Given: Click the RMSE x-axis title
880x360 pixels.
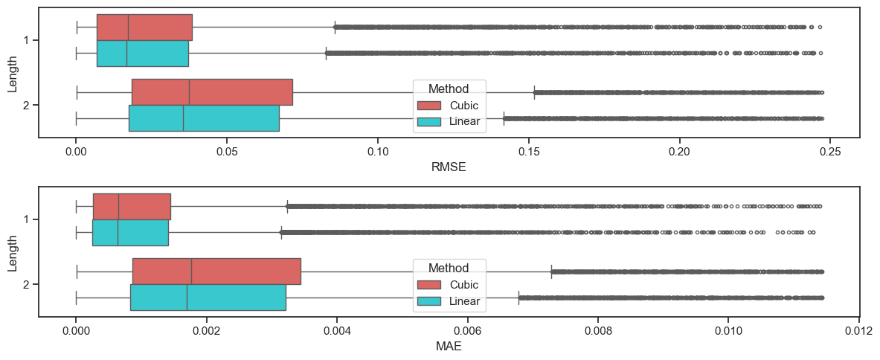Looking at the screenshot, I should pos(449,167).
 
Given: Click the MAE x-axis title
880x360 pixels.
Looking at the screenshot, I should pos(449,347).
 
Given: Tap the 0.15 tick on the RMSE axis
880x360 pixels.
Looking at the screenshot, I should pos(528,150).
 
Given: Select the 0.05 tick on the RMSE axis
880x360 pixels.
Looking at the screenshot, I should pos(226,150).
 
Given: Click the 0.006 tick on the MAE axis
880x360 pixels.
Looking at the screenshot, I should pos(467,330).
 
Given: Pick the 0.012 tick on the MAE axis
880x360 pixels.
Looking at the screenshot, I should pos(859,330).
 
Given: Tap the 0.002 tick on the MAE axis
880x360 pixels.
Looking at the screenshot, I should pos(206,330).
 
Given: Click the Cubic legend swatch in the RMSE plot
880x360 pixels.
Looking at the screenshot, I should pos(429,105).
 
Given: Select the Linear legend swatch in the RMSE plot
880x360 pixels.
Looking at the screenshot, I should pos(429,121).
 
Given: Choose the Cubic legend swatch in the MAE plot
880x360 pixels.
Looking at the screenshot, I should pos(429,285).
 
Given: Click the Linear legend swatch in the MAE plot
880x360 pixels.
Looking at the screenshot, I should pos(429,301).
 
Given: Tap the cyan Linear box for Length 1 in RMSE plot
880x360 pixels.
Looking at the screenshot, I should pos(142,54).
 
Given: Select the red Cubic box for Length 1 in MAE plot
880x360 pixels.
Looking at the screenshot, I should pos(132,206).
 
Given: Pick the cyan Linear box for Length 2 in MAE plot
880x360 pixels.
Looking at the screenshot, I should pos(208,298).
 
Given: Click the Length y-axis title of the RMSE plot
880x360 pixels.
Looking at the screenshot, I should pos(13,72).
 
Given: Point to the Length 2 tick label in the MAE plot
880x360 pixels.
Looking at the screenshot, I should pos(26,285).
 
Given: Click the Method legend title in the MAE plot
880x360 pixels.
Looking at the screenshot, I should pos(449,268).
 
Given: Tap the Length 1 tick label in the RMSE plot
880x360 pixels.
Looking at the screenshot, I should pos(26,40).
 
